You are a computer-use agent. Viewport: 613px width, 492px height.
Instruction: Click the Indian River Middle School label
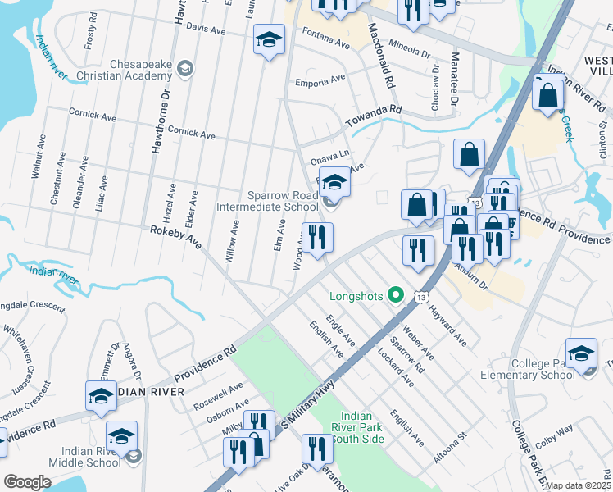coord(102,457)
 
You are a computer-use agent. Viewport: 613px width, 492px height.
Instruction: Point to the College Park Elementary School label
coord(532,369)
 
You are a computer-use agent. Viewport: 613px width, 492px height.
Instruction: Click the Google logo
coord(27,482)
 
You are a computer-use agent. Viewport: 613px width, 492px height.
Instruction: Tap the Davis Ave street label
coord(206,29)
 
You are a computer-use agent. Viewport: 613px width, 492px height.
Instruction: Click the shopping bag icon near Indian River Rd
coord(547,94)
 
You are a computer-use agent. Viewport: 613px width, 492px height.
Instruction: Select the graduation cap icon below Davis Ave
coord(268,40)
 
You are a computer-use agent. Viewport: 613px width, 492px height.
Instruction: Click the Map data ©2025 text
coord(579,485)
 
